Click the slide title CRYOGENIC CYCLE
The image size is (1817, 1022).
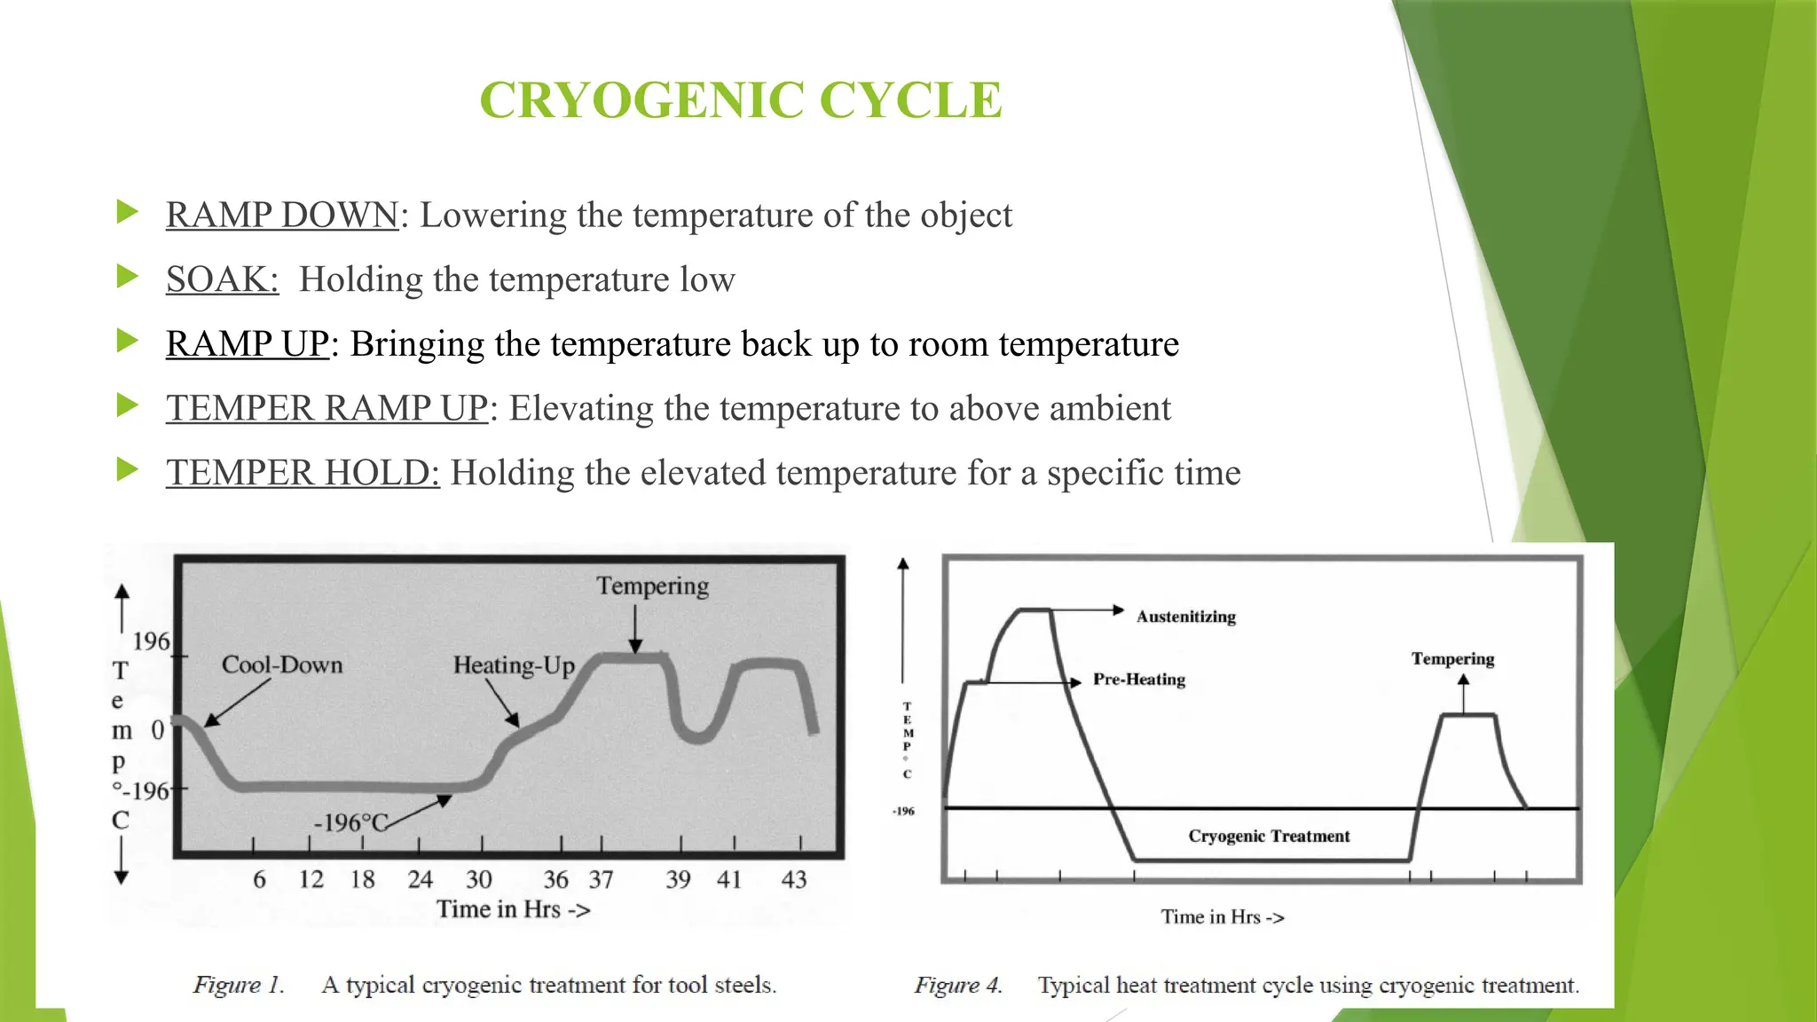point(741,99)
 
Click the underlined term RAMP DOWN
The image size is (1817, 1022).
point(282,216)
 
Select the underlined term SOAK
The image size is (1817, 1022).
point(222,279)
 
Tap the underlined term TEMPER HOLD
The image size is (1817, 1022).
point(303,473)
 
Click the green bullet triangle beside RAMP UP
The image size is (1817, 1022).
point(128,342)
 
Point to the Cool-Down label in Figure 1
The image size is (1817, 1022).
point(282,664)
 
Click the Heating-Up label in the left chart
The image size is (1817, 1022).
point(514,665)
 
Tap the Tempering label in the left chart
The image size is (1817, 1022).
point(652,586)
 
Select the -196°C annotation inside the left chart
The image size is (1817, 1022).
point(351,822)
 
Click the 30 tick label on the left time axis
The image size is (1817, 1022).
point(479,879)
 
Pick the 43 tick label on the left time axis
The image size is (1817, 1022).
point(794,879)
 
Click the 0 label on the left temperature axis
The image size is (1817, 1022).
point(158,730)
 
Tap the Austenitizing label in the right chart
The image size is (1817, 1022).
point(1186,617)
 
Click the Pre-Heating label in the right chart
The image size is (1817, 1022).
point(1139,680)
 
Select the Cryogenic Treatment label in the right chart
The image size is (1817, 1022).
point(1269,836)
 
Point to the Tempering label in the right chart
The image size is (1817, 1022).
point(1452,659)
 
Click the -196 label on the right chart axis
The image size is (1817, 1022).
point(903,811)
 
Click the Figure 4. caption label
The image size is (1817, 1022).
point(958,985)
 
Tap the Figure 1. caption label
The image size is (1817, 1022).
point(239,985)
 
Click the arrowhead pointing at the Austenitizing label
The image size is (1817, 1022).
point(1119,609)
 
